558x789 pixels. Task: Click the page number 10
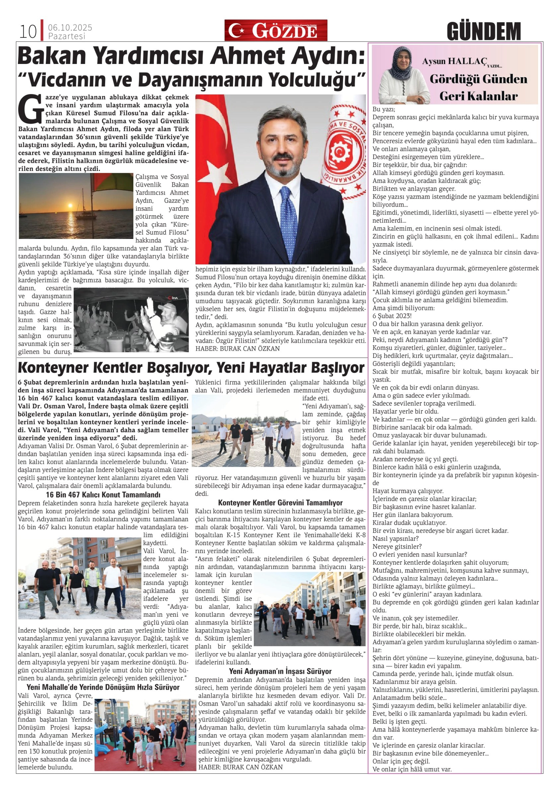pos(28,32)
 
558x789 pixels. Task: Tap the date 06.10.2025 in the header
pos(70,28)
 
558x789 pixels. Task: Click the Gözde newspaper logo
pos(276,30)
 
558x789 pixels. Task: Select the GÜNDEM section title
pos(484,31)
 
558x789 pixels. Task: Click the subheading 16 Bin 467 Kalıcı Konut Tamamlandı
pos(103,495)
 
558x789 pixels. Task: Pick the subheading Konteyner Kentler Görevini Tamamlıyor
pos(280,503)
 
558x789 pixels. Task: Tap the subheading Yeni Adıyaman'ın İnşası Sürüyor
pos(280,671)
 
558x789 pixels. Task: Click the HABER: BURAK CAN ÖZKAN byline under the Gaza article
pos(238,349)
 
